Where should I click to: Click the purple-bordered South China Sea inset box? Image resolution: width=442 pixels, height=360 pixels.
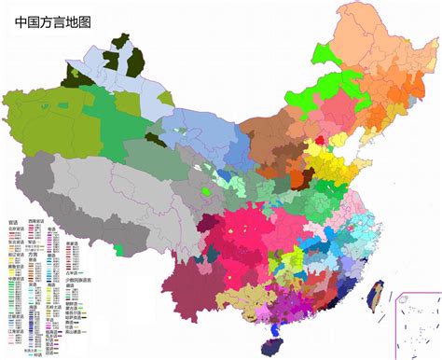coord(417,323)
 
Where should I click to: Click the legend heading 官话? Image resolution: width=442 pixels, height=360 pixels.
coord(12,222)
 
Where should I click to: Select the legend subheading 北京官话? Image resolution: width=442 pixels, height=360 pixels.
coord(14,228)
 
